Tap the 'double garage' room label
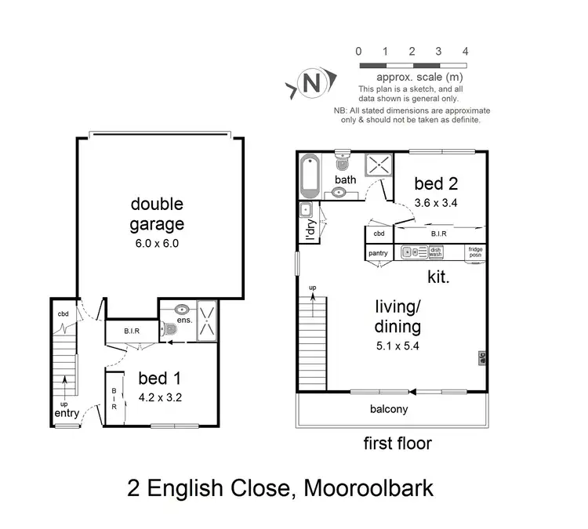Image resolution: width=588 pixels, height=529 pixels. (x=157, y=214)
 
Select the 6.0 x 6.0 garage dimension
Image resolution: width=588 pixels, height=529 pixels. (x=156, y=243)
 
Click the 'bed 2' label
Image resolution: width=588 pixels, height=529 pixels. (x=430, y=183)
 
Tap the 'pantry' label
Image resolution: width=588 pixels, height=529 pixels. (x=378, y=253)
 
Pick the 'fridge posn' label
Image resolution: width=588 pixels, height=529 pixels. (x=475, y=252)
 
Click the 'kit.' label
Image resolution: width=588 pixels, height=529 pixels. (x=437, y=277)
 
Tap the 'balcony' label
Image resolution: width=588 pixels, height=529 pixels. (x=389, y=409)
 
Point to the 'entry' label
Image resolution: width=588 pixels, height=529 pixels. (x=67, y=413)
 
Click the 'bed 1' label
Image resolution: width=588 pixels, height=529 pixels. (x=157, y=379)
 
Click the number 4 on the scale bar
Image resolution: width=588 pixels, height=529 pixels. (x=466, y=52)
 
